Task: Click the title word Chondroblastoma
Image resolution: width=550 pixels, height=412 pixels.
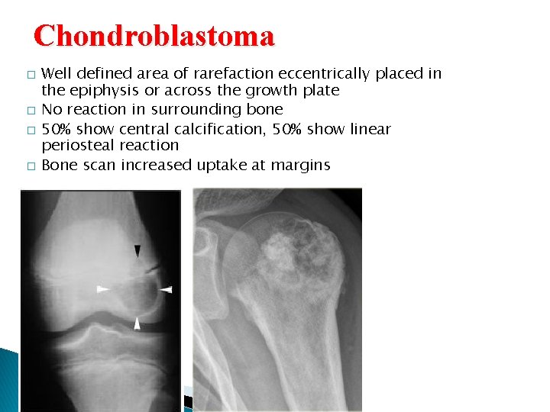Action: click(x=154, y=36)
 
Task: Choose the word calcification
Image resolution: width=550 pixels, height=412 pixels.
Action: click(x=238, y=129)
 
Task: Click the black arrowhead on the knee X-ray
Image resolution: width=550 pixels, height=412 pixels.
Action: click(x=137, y=251)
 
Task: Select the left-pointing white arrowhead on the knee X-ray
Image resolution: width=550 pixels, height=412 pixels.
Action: click(x=167, y=289)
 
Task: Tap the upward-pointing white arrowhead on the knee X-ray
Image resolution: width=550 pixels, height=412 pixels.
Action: click(x=137, y=323)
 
